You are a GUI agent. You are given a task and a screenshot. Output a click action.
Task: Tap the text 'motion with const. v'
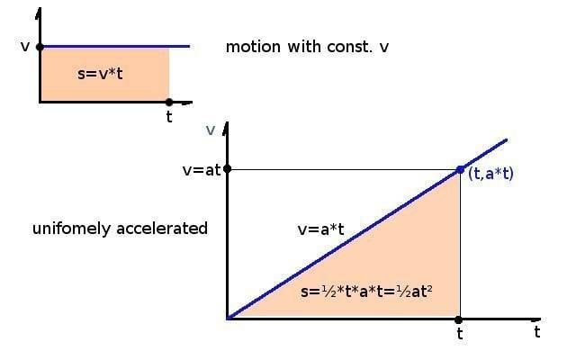tap(308, 46)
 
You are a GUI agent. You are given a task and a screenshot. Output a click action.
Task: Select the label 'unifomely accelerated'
tap(120, 229)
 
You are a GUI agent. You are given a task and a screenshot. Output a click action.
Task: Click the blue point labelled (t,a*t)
tap(461, 169)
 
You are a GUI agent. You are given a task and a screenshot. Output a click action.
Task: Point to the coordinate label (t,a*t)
tap(491, 174)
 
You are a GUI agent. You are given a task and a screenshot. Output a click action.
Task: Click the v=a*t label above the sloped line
tap(320, 229)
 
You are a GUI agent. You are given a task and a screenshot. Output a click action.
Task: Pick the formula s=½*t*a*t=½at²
tap(380, 293)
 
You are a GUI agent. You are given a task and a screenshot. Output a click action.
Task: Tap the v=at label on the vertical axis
tap(202, 169)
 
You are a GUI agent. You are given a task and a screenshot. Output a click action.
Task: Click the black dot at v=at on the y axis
tap(228, 168)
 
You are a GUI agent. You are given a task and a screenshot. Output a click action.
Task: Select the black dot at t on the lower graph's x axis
tap(460, 319)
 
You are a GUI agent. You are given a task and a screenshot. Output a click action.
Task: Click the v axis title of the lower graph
tap(211, 130)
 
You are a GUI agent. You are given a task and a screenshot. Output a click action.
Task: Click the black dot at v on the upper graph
tap(40, 46)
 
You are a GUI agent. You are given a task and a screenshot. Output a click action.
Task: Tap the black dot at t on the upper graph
tap(169, 102)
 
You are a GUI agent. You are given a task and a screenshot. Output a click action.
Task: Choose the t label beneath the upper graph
tap(169, 117)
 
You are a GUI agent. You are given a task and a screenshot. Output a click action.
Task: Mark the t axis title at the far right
tap(536, 332)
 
